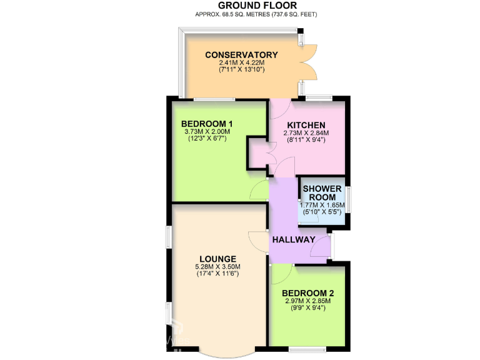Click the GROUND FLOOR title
click(240, 5)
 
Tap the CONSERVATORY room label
click(241, 55)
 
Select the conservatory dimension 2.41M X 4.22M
click(241, 62)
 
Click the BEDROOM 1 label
click(207, 123)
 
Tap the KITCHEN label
click(306, 125)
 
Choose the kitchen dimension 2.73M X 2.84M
click(306, 132)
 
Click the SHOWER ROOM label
click(322, 193)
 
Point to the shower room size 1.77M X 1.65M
click(322, 204)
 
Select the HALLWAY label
click(293, 239)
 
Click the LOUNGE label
click(217, 259)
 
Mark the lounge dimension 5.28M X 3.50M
click(217, 267)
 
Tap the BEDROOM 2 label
click(307, 293)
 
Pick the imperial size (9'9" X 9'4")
click(307, 307)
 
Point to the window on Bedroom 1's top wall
click(213, 99)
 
